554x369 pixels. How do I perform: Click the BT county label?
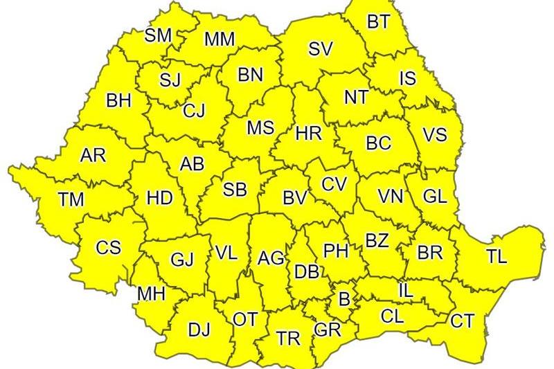pyautogui.click(x=378, y=22)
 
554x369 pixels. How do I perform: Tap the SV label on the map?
pyautogui.click(x=321, y=49)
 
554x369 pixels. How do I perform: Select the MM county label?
pyautogui.click(x=219, y=39)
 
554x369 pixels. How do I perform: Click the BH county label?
pyautogui.click(x=118, y=101)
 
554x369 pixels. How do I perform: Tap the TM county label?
pyautogui.click(x=71, y=200)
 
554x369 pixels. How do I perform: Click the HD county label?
pyautogui.click(x=160, y=197)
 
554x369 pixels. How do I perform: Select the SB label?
pyautogui.click(x=234, y=190)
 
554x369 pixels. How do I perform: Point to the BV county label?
pyautogui.click(x=296, y=198)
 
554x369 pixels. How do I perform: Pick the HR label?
pyautogui.click(x=307, y=134)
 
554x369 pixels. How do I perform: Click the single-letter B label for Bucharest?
pyautogui.click(x=343, y=300)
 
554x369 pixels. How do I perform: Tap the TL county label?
pyautogui.click(x=496, y=256)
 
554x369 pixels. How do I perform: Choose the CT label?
pyautogui.click(x=462, y=321)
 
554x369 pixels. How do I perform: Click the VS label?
pyautogui.click(x=434, y=135)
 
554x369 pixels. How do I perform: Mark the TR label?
pyautogui.click(x=287, y=339)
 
